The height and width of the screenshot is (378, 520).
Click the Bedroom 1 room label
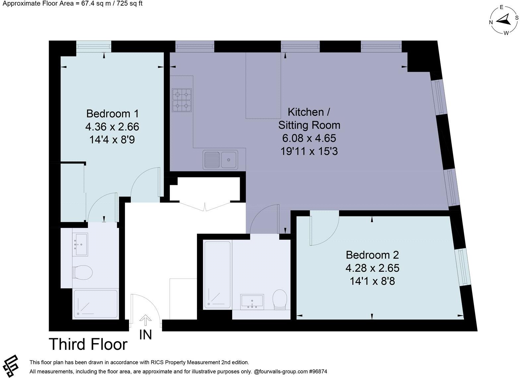112,113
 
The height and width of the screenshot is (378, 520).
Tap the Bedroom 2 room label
372,255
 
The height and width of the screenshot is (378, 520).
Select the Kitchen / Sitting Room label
309,118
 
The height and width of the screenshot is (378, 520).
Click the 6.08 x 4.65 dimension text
309,138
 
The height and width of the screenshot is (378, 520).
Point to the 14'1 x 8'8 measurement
372,281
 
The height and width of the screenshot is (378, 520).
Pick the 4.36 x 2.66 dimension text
112,127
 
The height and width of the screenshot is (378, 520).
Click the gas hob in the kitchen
182,100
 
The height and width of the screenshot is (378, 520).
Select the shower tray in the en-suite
96,304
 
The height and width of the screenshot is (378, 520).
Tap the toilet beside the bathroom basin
280,300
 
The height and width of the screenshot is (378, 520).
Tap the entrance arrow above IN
145,320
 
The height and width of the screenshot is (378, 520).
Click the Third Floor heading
88,344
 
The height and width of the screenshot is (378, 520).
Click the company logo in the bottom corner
10,365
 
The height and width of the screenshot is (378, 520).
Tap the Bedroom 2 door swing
323,230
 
